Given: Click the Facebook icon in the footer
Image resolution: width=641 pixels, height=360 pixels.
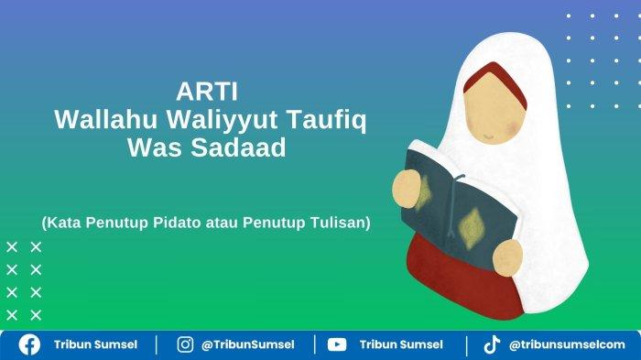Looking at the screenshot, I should pyautogui.click(x=30, y=344).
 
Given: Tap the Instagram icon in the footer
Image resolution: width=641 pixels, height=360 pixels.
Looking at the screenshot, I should pyautogui.click(x=185, y=344).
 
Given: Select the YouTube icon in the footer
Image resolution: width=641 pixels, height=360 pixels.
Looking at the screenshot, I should pyautogui.click(x=337, y=344).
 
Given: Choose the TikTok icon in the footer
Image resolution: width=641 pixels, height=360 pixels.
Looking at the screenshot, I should pyautogui.click(x=492, y=344).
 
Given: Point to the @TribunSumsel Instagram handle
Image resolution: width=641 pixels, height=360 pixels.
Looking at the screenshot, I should pyautogui.click(x=248, y=344).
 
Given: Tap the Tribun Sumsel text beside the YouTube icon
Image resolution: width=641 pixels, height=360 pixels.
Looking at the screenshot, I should pyautogui.click(x=401, y=344).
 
